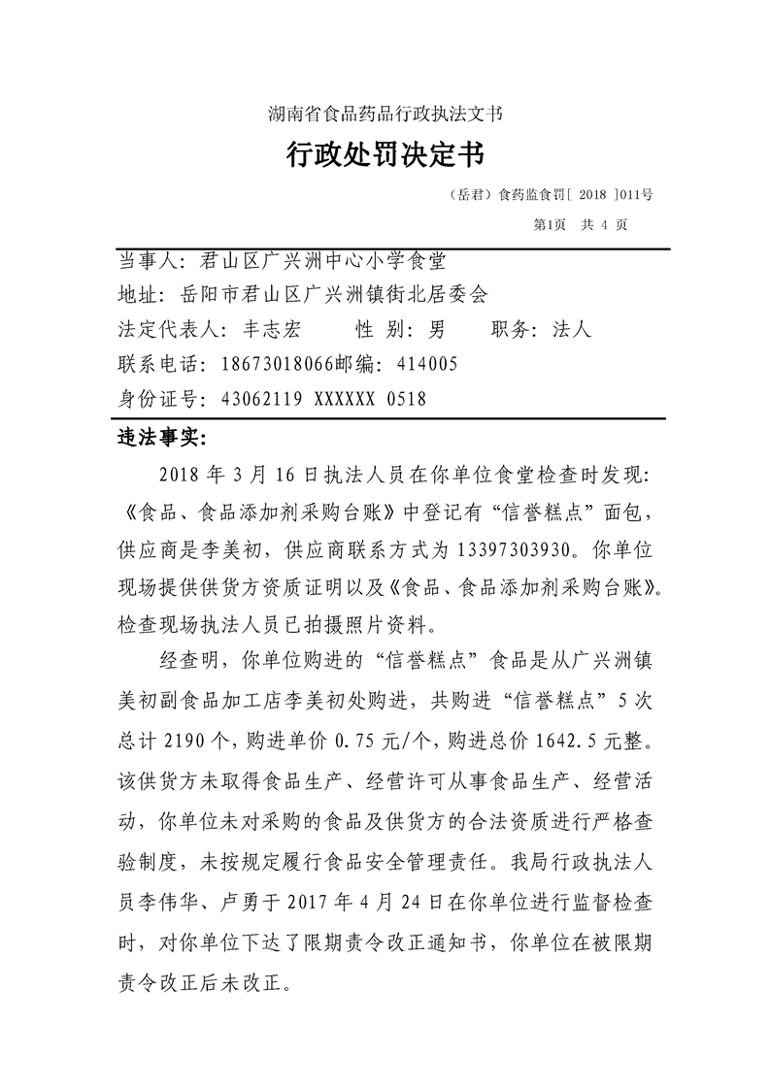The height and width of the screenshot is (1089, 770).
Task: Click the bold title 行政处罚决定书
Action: [385, 153]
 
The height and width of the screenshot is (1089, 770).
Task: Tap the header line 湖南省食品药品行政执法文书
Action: [385, 114]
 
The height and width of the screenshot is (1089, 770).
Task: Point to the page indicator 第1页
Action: [550, 224]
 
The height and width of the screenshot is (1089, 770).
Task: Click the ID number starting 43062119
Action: [316, 399]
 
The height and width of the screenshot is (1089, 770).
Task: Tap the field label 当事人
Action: [147, 260]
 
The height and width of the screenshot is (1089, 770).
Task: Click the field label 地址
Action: [135, 295]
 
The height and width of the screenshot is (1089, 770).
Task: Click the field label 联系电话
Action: [156, 364]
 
